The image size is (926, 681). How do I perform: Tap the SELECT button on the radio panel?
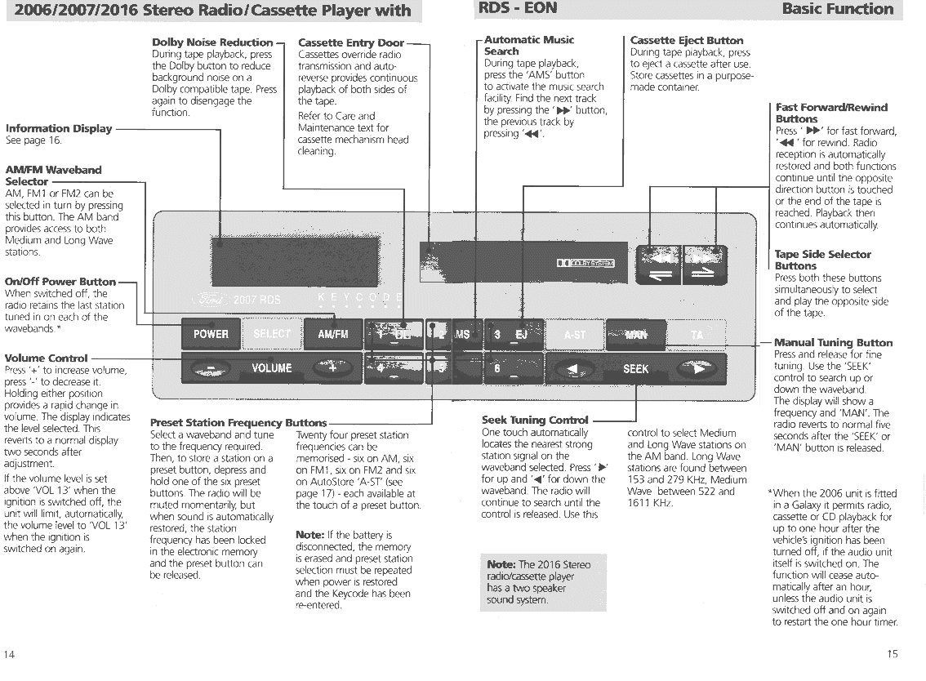[x=272, y=334]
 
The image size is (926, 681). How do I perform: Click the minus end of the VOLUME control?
[x=211, y=368]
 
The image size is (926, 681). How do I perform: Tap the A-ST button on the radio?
[x=576, y=334]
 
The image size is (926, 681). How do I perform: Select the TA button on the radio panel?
[x=697, y=334]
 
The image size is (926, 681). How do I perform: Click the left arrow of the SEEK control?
[x=574, y=369]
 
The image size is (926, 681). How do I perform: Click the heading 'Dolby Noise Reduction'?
[x=212, y=42]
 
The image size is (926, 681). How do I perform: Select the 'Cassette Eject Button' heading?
[x=687, y=40]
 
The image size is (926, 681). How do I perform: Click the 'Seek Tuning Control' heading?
[x=535, y=421]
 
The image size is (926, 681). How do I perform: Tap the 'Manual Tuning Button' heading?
[x=833, y=343]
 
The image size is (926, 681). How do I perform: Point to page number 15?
[x=892, y=654]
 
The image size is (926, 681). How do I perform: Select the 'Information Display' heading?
[x=59, y=128]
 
